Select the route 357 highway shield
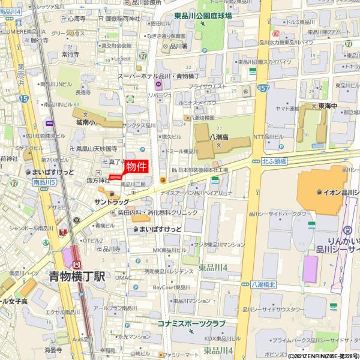tap(263, 88)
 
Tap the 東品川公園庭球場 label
tap(203, 16)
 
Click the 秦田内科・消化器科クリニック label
tap(157, 212)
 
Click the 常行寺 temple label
tap(70, 54)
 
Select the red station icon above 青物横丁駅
tap(77, 264)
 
